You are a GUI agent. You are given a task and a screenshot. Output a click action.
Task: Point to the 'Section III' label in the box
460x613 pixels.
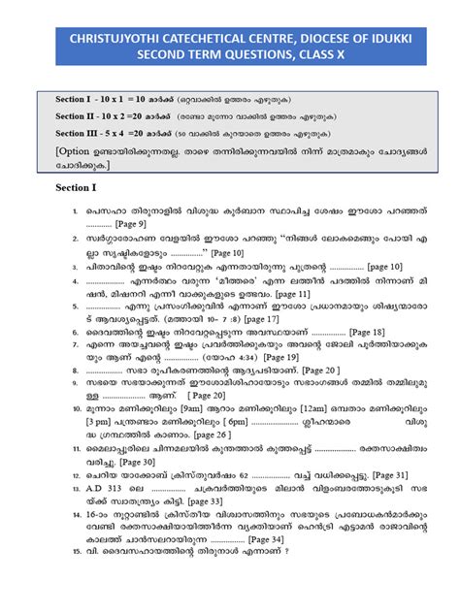coord(82,133)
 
